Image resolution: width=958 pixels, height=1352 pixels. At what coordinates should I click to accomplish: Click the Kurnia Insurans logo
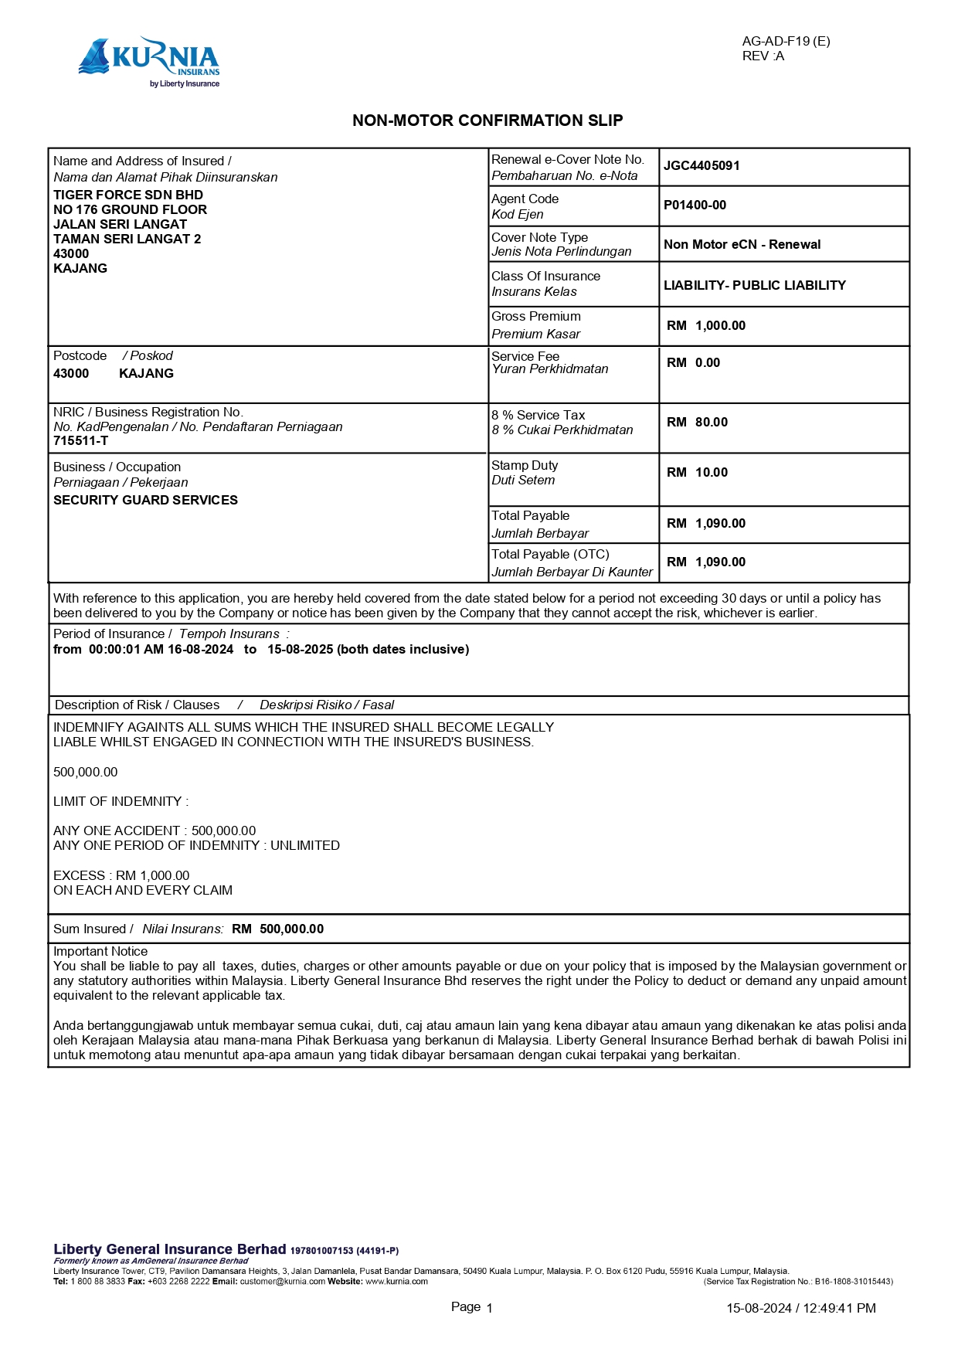[x=149, y=62]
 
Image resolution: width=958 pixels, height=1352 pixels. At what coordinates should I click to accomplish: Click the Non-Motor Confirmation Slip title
[x=487, y=121]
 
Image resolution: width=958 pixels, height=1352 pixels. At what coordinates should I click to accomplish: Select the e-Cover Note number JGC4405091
[x=702, y=166]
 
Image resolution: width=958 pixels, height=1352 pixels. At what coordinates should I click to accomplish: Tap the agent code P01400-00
[x=695, y=206]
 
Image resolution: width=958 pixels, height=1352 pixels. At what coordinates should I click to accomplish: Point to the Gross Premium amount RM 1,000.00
[x=706, y=326]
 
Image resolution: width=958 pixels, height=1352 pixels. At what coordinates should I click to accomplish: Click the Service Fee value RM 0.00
[x=693, y=363]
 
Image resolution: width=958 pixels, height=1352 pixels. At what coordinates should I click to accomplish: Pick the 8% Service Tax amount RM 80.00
[x=697, y=423]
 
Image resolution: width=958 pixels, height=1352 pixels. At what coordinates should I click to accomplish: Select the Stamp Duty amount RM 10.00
[x=697, y=473]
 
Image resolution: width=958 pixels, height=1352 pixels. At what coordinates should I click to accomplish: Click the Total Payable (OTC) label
[x=550, y=555]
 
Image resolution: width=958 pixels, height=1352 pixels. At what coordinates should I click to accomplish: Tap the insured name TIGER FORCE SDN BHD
[x=128, y=195]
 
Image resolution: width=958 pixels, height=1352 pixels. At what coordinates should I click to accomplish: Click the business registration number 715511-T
[x=80, y=441]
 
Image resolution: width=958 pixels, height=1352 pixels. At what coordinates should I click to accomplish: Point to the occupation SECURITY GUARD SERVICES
[x=145, y=501]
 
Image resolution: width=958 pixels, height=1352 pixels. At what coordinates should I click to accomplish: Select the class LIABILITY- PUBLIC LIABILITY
[x=754, y=286]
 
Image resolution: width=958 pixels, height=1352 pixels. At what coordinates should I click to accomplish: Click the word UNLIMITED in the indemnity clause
[x=305, y=846]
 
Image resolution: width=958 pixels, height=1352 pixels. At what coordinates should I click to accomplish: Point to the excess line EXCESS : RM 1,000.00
[x=121, y=876]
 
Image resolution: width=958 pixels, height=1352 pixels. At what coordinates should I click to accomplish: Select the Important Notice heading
[x=100, y=952]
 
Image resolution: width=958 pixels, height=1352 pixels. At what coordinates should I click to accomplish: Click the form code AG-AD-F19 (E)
[x=786, y=42]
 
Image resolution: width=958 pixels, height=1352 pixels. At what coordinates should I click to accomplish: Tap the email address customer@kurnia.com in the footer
[x=282, y=1282]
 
